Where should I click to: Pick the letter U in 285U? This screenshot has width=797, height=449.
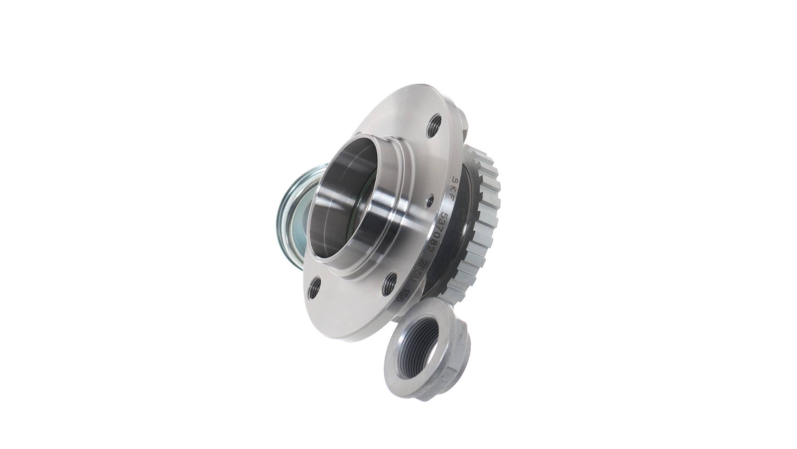[413, 282]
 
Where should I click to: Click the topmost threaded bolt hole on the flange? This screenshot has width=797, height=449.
[434, 124]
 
